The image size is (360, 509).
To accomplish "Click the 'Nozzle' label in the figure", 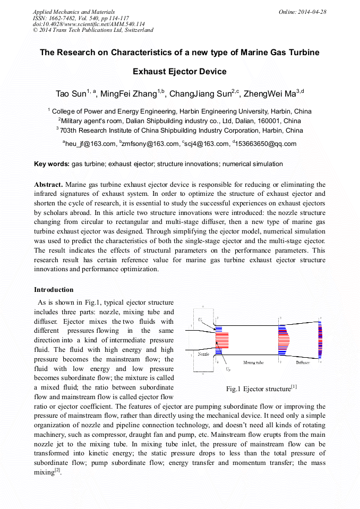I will (x=203, y=353).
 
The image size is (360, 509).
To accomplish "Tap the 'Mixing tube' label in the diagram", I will (x=253, y=363).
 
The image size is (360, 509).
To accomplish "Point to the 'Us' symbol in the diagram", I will (x=200, y=320).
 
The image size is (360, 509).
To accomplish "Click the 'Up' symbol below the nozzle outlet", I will (x=227, y=368).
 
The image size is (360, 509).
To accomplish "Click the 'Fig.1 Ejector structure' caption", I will (x=261, y=389).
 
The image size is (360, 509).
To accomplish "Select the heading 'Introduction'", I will (x=54, y=289).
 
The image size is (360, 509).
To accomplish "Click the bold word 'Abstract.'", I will (x=48, y=185).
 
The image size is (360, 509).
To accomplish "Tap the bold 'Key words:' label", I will (x=52, y=164).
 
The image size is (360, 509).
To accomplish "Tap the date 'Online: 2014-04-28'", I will (x=302, y=12).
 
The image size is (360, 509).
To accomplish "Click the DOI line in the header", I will (x=89, y=24).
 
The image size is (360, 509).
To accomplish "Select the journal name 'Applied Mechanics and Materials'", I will (x=74, y=12).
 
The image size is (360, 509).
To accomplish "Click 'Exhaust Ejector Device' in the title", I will (x=179, y=72).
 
